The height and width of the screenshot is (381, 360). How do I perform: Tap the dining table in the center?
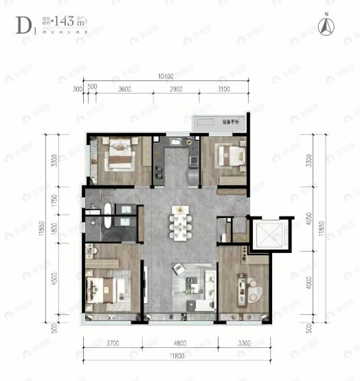click(x=181, y=224)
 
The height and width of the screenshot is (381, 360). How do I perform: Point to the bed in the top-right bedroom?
click(x=231, y=157)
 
